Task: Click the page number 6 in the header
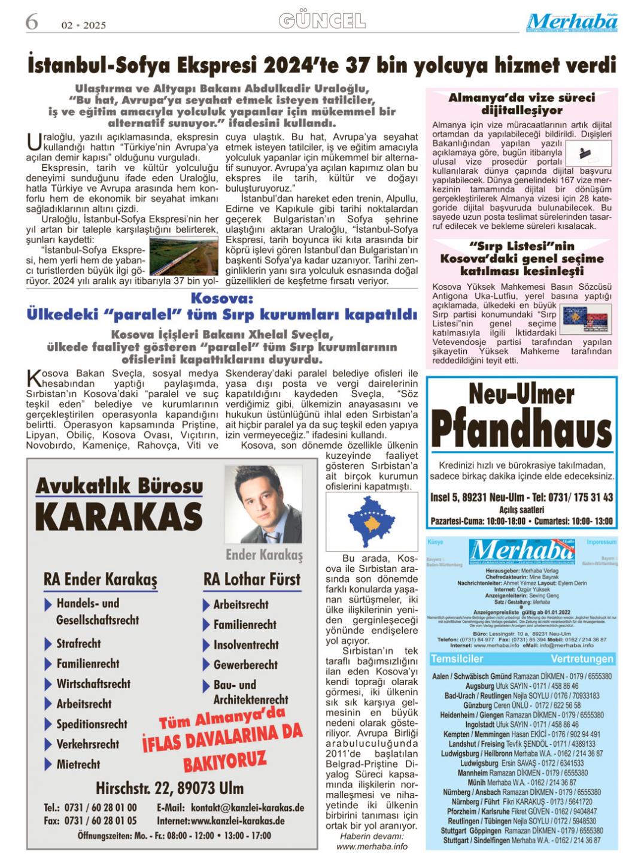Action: [32, 22]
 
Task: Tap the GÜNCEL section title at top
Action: [322, 22]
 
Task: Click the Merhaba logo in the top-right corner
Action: [572, 22]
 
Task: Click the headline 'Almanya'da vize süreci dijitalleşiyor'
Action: [521, 104]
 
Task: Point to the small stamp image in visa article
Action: [589, 153]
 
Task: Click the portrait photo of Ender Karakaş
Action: [263, 504]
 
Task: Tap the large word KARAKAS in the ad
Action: [119, 517]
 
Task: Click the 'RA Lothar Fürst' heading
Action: [252, 579]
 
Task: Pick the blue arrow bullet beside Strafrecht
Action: [48, 644]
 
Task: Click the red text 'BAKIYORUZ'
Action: [224, 762]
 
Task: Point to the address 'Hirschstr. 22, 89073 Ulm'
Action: [169, 787]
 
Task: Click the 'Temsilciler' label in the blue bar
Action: [457, 659]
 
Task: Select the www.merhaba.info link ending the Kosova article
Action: [372, 846]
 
